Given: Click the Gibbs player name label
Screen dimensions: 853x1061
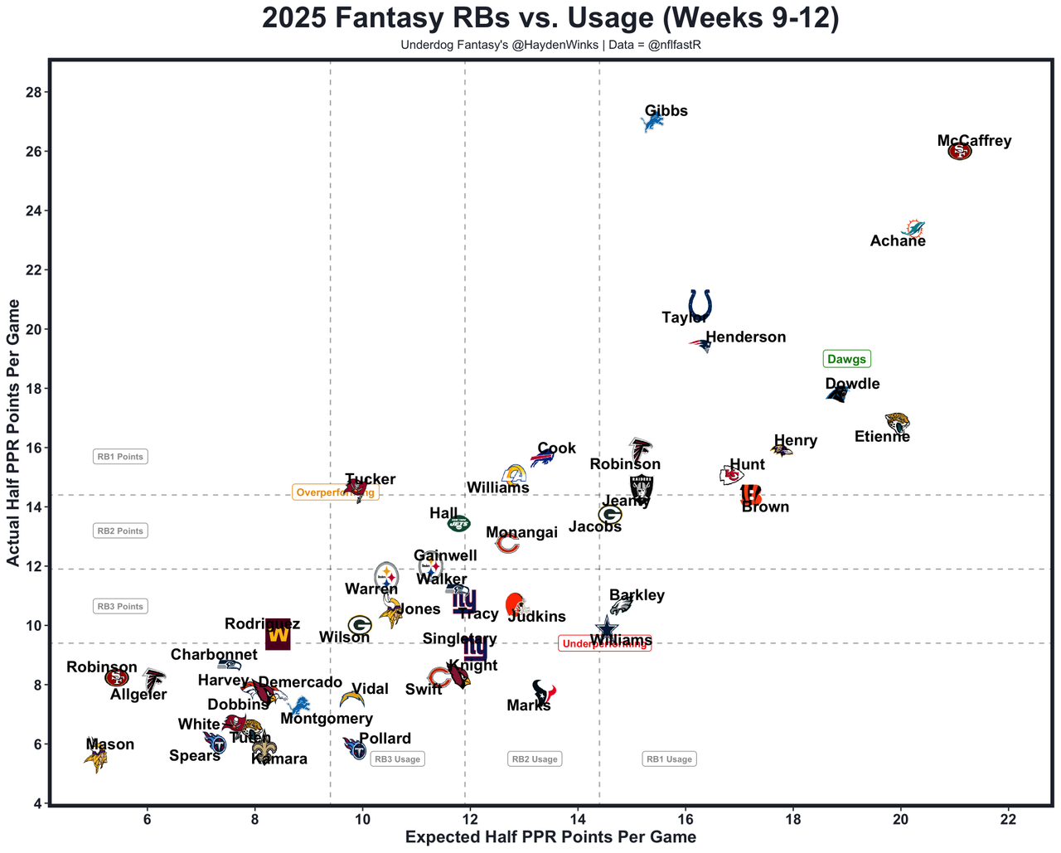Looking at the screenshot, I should click(x=666, y=111).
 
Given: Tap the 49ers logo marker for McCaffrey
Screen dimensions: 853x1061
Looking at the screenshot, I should click(x=959, y=152).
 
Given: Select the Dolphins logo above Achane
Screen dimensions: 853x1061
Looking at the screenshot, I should click(x=913, y=228).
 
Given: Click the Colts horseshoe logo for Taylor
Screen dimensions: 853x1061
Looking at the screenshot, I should click(x=700, y=304).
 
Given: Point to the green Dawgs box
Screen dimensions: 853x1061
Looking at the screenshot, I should click(x=846, y=359).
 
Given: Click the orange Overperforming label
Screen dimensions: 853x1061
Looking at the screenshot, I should click(x=335, y=492).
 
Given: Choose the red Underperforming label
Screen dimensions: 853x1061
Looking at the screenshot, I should click(x=604, y=644).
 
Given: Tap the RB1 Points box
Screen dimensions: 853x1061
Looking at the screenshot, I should click(x=120, y=457).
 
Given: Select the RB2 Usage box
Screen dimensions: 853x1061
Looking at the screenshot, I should click(x=535, y=758).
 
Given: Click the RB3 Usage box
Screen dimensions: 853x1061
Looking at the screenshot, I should click(x=397, y=758).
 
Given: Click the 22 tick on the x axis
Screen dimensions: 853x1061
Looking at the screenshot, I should click(x=1008, y=820).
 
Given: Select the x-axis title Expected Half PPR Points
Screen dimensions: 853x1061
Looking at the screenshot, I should click(x=550, y=837).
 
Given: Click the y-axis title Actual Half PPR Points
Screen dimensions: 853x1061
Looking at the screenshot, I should click(x=13, y=433).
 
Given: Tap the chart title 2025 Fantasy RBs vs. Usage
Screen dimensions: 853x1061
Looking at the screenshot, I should click(x=550, y=18).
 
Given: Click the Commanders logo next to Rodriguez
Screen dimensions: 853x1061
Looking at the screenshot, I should click(x=278, y=636).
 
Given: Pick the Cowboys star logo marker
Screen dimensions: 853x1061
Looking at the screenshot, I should click(x=607, y=628).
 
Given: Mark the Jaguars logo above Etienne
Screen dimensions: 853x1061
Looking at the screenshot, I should click(x=897, y=423).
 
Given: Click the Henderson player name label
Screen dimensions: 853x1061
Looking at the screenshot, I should click(x=745, y=337).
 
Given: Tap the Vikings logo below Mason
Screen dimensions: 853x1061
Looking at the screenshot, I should click(x=97, y=758).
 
